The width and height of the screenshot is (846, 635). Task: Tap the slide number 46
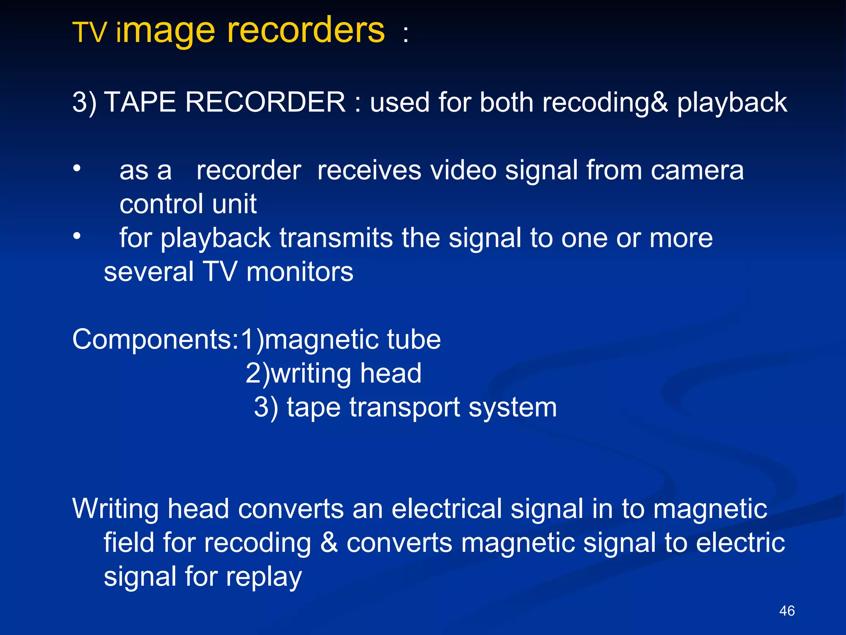787,611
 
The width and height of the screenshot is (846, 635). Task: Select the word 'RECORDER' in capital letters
265,102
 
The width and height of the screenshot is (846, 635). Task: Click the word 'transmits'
336,238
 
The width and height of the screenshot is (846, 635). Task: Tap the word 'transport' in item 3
404,408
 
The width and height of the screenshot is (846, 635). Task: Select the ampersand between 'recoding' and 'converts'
329,542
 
